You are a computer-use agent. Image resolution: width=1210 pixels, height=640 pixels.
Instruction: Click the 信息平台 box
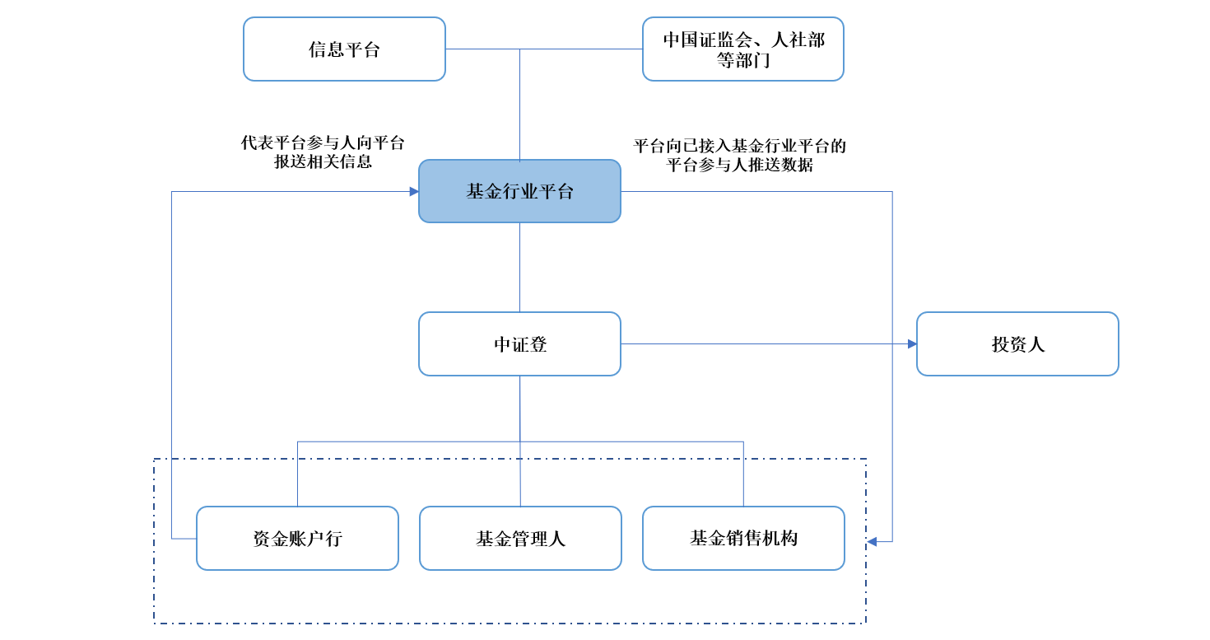(344, 49)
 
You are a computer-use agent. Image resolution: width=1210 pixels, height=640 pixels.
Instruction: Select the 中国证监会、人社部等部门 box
(742, 49)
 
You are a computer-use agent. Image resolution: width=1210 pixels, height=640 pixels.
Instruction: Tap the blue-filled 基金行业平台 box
(519, 191)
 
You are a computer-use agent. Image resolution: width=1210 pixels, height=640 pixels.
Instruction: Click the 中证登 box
(519, 343)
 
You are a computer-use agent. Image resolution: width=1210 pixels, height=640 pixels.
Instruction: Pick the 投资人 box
(1017, 343)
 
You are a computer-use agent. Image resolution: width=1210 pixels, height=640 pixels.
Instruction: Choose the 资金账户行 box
(298, 539)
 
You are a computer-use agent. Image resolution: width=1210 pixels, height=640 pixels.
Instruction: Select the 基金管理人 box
(521, 539)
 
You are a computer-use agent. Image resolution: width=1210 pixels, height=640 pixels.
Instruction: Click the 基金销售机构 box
(744, 539)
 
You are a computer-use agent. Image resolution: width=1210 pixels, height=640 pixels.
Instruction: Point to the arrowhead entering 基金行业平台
(414, 191)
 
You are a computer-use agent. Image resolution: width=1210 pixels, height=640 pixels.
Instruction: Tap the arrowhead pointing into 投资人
(912, 343)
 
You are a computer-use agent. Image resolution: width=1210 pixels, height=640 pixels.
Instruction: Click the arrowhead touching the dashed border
(872, 541)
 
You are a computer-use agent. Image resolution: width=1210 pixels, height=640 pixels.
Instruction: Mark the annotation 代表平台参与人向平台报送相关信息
(323, 152)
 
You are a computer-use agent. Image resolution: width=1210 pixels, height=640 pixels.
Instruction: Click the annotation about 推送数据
(739, 155)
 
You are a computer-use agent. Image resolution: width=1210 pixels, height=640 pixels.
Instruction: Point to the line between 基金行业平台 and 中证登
(519, 267)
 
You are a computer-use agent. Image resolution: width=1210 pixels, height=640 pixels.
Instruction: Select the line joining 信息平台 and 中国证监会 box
(544, 49)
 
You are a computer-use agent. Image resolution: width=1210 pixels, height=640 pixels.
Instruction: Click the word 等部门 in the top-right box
(743, 60)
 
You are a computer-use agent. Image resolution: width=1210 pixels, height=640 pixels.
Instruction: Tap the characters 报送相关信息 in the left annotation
(323, 161)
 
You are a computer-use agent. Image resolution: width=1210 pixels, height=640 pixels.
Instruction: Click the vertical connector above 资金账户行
(298, 474)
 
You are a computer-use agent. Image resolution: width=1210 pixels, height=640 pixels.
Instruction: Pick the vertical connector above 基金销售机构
(744, 474)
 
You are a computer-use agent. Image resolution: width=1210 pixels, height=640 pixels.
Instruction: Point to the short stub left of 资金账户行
(184, 539)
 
